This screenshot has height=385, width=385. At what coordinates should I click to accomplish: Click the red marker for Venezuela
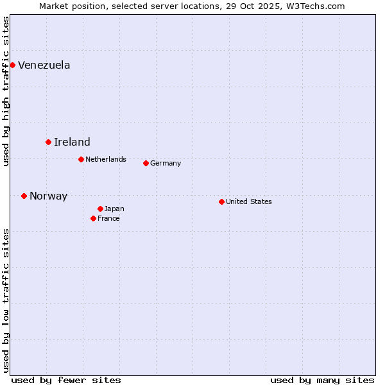coord(12,65)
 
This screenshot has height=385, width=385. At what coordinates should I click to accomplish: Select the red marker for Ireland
coord(48,142)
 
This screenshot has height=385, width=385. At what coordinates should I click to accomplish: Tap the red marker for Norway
coord(24,196)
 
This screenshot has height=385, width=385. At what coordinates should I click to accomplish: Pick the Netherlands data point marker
coord(81,159)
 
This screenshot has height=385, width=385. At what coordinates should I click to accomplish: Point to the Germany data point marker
coord(146,163)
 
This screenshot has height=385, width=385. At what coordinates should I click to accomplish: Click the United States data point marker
coord(221,201)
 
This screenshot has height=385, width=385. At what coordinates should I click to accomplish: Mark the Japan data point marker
coord(100,209)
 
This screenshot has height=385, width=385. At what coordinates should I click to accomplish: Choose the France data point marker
coord(93,218)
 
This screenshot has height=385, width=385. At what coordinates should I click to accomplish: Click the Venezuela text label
coord(44,65)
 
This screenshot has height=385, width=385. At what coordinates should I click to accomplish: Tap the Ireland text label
coord(72,142)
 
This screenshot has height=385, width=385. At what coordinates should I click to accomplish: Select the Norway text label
coord(48,196)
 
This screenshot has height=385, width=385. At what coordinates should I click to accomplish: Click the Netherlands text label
coord(106,159)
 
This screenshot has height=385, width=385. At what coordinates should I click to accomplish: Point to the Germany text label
coord(166,163)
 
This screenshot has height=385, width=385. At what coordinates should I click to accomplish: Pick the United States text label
coord(249,201)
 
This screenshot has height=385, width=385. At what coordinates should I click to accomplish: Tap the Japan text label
coord(114,209)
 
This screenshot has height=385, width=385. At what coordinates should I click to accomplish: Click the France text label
coord(108,218)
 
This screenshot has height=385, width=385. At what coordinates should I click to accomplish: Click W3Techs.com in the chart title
coord(316,6)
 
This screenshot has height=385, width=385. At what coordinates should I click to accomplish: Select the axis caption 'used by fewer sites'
coord(66,380)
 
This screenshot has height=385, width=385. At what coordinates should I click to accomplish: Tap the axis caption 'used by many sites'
coord(322,380)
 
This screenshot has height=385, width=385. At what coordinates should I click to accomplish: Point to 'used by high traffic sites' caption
coord(6,91)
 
